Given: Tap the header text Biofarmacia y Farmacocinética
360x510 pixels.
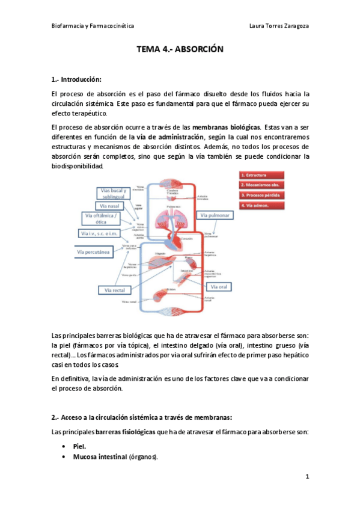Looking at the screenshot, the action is coord(93,26).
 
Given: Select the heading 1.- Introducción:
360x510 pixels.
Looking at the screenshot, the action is coord(77,79).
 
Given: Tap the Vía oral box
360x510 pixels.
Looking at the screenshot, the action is coord(219,287).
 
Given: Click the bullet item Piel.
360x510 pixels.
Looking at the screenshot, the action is coord(79,447).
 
